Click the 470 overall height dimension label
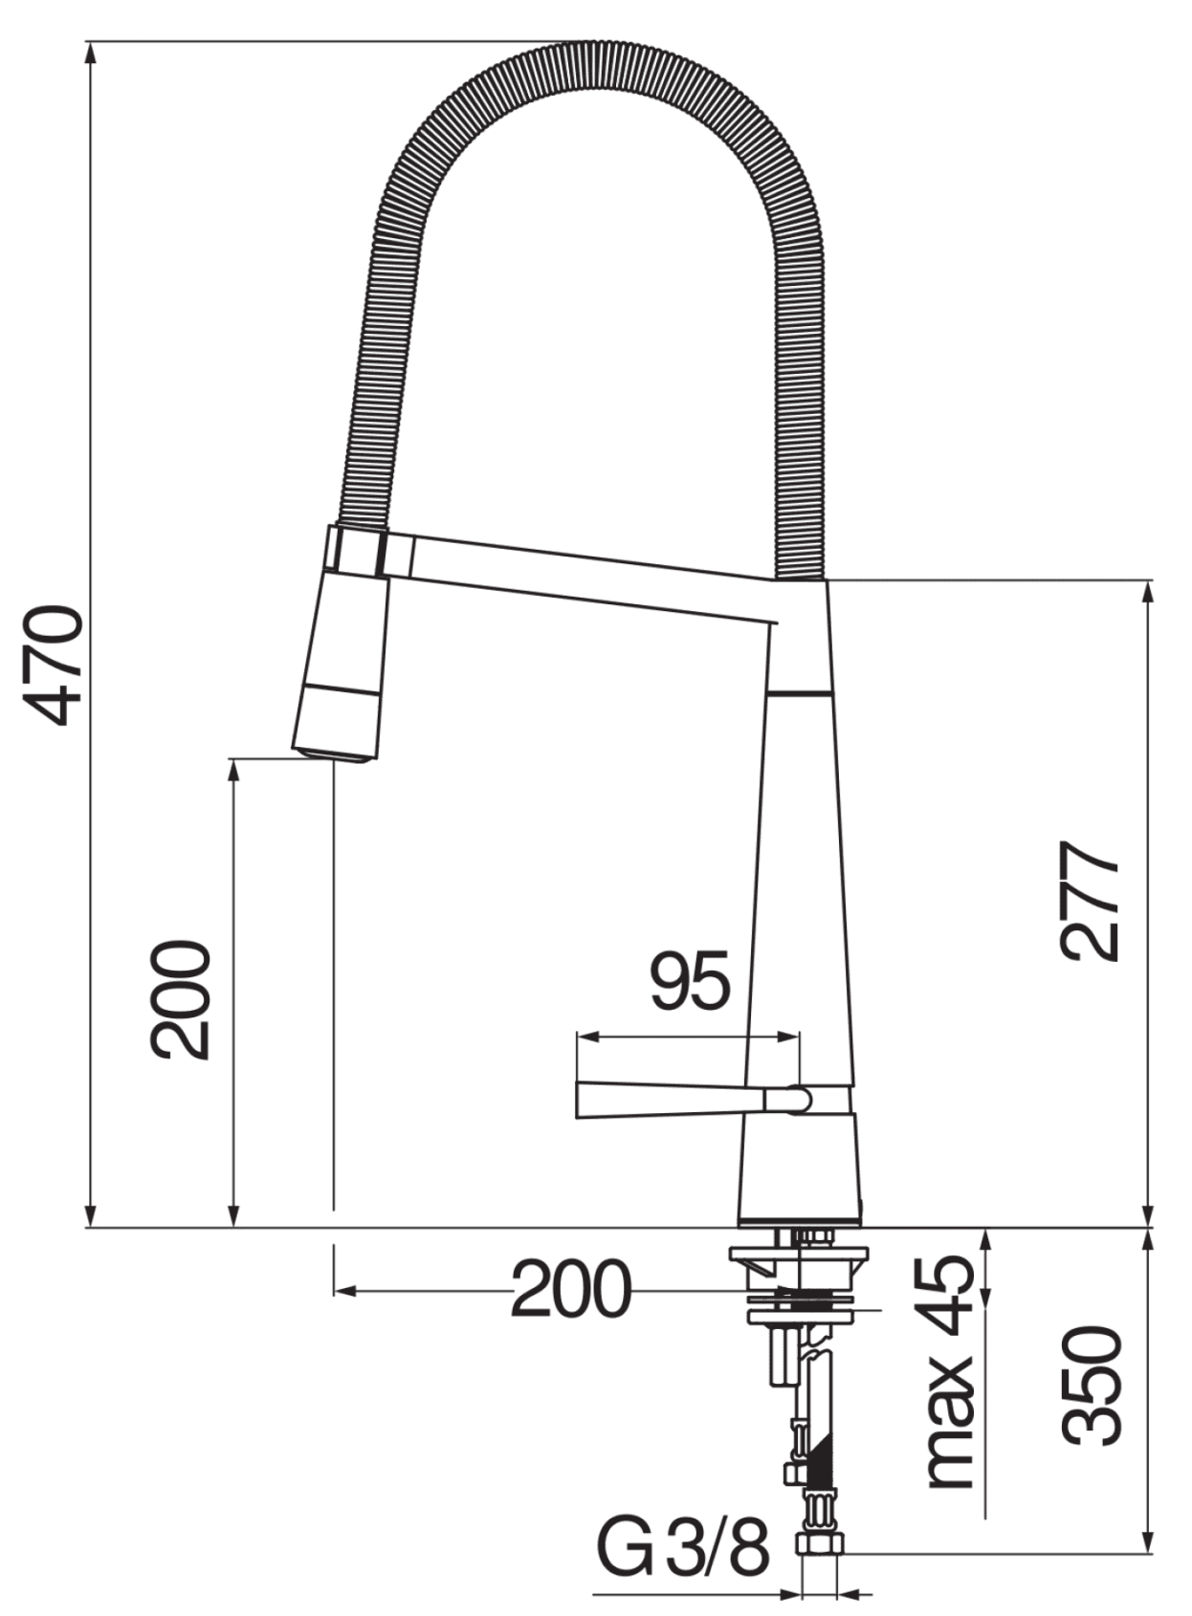tap(54, 666)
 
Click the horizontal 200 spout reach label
tap(571, 1290)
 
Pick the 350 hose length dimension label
tap(1091, 1386)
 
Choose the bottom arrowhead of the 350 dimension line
tap(1149, 1549)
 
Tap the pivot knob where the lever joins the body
tap(798, 1099)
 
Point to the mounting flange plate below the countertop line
tap(798, 1254)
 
